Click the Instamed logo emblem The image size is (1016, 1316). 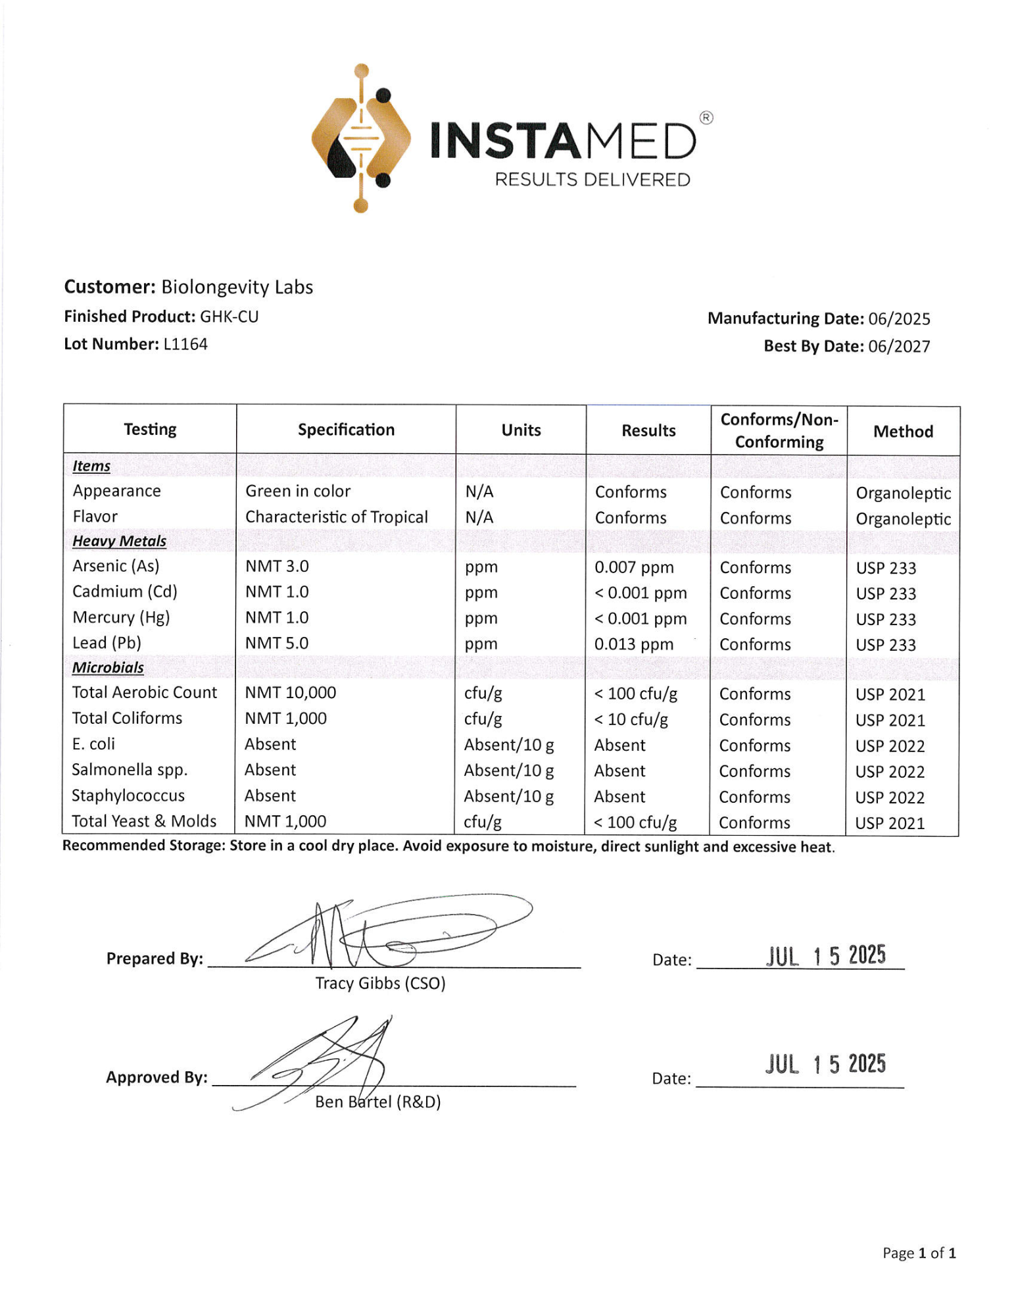point(361,138)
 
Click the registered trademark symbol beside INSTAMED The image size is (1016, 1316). point(706,118)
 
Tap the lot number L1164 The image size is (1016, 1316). point(185,344)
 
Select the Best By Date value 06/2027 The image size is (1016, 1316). point(899,346)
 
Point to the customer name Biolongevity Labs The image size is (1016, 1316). point(237,287)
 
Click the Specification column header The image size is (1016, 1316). point(346,430)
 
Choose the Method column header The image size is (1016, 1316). point(903,432)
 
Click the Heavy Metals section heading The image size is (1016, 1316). point(119,541)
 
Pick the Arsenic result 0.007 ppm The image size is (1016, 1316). point(634,567)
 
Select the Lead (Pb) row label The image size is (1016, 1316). point(107,643)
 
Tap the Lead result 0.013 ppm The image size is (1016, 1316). point(634,644)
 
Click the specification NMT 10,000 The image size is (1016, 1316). point(290,693)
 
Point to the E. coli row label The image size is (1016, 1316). point(93,744)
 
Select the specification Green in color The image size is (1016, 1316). point(298,492)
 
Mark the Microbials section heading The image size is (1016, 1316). point(108,667)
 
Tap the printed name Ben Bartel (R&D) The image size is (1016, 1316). point(377,1102)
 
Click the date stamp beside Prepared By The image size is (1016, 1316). point(825,955)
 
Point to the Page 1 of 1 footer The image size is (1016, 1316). point(919,1253)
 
